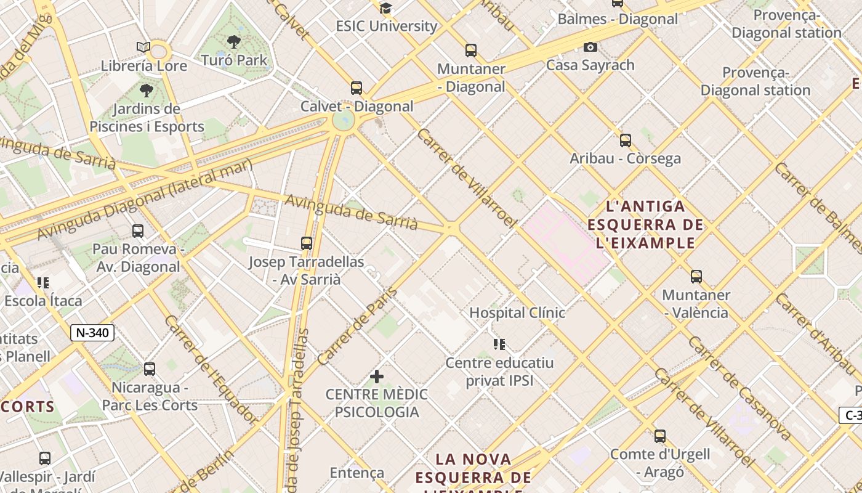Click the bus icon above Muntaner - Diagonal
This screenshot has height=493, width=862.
pyautogui.click(x=471, y=51)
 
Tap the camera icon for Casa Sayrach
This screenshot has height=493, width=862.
pyautogui.click(x=590, y=47)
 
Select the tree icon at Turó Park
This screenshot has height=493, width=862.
pyautogui.click(x=233, y=42)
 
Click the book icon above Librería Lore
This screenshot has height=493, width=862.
pyautogui.click(x=143, y=47)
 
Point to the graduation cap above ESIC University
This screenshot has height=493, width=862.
pyautogui.click(x=386, y=8)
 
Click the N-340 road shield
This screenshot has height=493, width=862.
pyautogui.click(x=92, y=333)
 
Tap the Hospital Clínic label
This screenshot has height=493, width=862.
pyautogui.click(x=517, y=312)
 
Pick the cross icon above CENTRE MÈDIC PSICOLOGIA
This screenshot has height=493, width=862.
pyautogui.click(x=377, y=376)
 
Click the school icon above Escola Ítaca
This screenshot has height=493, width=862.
pyautogui.click(x=42, y=283)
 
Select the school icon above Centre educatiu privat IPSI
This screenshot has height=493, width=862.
pyautogui.click(x=499, y=344)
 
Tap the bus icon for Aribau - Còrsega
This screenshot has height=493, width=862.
pyautogui.click(x=626, y=141)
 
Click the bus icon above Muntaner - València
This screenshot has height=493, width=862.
pyautogui.click(x=696, y=277)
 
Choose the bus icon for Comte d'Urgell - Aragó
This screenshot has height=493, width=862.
pyautogui.click(x=660, y=436)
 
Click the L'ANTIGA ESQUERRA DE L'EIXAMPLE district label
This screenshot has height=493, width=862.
pyautogui.click(x=645, y=224)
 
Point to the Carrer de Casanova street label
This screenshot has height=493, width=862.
pyautogui.click(x=738, y=388)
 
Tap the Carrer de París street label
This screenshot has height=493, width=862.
pyautogui.click(x=357, y=326)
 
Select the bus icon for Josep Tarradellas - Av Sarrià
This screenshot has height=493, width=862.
pyautogui.click(x=307, y=243)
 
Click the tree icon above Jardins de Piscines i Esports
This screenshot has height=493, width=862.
pyautogui.click(x=146, y=91)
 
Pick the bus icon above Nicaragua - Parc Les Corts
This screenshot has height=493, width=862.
pyautogui.click(x=150, y=369)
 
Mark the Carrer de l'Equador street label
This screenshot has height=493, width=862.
pyautogui.click(x=211, y=370)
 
